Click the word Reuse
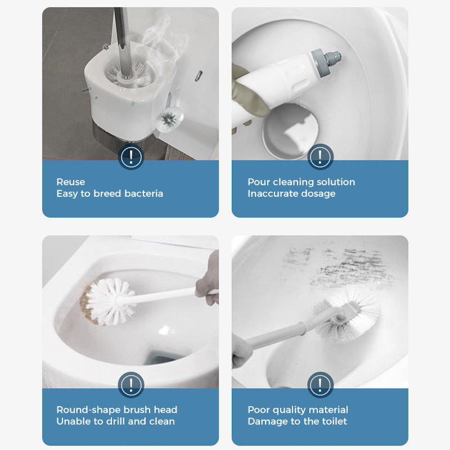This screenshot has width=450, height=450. coord(71,182)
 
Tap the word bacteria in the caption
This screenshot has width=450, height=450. coord(143,193)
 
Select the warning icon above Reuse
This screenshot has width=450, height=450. coord(130,156)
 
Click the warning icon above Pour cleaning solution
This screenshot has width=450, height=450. coord(320,156)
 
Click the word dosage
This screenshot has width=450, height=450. coord(317,193)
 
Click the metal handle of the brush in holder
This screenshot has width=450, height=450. coord(120,34)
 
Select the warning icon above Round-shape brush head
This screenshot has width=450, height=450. coord(130,385)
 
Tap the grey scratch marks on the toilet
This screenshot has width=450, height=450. coord(332,264)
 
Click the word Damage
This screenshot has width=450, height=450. coord(267,421)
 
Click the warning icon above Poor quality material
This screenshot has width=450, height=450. coord(320,385)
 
